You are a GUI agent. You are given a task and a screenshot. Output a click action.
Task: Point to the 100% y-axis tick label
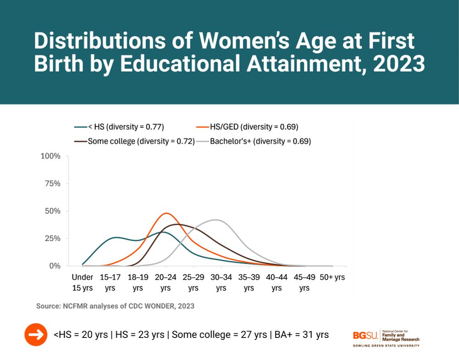pyautogui.click(x=50, y=156)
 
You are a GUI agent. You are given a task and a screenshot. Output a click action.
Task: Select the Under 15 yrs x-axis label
pyautogui.click(x=83, y=282)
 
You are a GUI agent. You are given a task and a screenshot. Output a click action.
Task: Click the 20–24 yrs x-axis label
pyautogui.click(x=166, y=282)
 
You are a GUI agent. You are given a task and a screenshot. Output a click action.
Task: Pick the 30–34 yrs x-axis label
pyautogui.click(x=221, y=282)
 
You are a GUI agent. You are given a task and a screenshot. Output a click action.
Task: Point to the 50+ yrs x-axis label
pyautogui.click(x=332, y=277)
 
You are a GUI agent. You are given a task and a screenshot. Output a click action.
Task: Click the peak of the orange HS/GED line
pyautogui.click(x=166, y=213)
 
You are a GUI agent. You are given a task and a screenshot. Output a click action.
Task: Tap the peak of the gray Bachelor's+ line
pyautogui.click(x=216, y=220)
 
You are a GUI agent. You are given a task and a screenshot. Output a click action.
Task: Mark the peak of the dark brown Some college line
pyautogui.click(x=178, y=224)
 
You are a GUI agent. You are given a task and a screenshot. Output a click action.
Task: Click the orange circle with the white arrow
pyautogui.click(x=36, y=335)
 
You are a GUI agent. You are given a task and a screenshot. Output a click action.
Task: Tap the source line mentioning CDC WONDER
pyautogui.click(x=115, y=306)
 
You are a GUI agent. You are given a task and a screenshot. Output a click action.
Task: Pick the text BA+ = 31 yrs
pyautogui.click(x=302, y=334)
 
